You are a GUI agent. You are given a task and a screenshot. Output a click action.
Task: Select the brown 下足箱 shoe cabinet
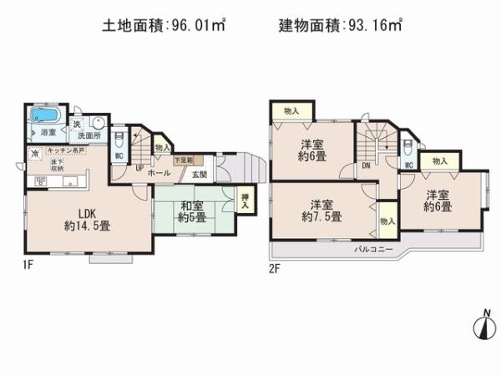click(x=183, y=160)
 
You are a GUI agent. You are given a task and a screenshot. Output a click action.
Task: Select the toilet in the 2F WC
click(x=406, y=147)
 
